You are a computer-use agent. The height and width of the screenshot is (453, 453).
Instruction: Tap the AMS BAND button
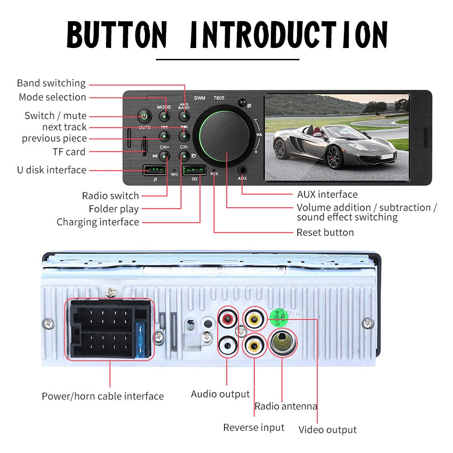183,116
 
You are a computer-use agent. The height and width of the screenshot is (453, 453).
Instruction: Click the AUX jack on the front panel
242,171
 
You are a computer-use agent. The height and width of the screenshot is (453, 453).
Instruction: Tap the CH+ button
164,156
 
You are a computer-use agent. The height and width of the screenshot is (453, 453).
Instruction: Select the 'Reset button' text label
325,232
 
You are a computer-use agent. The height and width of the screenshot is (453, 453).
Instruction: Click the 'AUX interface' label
327,195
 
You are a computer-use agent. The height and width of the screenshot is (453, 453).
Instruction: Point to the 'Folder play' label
113,209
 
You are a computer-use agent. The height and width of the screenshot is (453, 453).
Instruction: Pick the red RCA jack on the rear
227,319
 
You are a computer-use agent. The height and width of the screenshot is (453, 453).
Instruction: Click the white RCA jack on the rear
227,346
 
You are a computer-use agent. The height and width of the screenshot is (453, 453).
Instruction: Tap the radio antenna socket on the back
282,343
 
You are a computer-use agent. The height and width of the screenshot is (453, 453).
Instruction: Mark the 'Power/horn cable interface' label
103,396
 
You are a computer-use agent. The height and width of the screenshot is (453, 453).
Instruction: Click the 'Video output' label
328,429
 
